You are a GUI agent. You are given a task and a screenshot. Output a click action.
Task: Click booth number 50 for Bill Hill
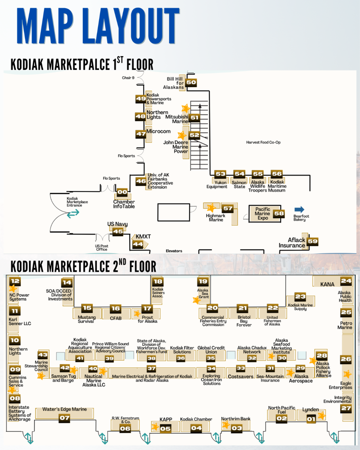(x=191, y=82)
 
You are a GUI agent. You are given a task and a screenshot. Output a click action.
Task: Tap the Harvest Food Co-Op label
(x=263, y=142)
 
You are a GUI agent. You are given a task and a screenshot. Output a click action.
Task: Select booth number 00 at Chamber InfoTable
(x=122, y=192)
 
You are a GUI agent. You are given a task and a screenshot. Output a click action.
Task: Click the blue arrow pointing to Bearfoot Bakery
(x=299, y=209)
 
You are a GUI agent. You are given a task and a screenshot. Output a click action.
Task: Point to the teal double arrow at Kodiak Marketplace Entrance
(x=73, y=213)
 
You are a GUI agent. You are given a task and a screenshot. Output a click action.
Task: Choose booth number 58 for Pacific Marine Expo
(x=279, y=214)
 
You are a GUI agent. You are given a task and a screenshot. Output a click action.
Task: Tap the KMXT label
(x=143, y=237)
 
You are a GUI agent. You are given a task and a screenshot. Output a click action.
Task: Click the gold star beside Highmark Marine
(x=211, y=207)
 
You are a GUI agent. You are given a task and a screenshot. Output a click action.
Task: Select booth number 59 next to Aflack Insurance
(x=312, y=241)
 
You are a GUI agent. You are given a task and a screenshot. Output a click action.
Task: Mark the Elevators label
(x=174, y=251)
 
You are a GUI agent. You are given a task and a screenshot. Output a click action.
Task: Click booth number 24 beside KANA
(x=346, y=281)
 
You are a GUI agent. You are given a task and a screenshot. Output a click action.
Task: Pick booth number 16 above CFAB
(x=115, y=308)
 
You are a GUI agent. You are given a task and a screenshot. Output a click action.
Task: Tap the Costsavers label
(x=241, y=376)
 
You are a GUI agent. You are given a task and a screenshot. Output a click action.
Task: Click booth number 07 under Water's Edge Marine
(x=64, y=418)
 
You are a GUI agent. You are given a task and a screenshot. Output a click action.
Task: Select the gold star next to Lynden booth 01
(x=322, y=415)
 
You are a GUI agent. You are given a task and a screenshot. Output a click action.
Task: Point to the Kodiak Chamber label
(x=196, y=419)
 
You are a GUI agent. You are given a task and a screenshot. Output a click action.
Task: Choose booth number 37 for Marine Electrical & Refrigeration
(x=151, y=368)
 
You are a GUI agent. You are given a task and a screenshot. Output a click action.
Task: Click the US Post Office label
(x=102, y=247)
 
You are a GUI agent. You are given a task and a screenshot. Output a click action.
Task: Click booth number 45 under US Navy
(x=118, y=232)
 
